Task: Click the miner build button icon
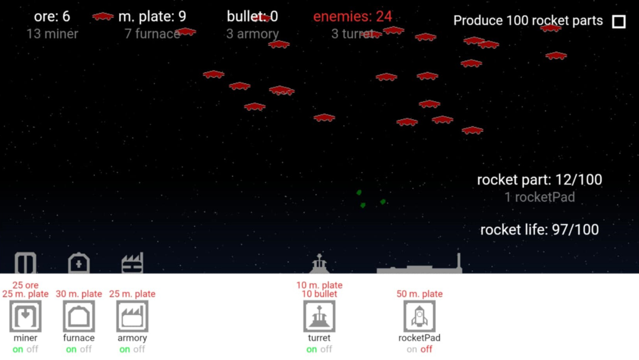pos(25,316)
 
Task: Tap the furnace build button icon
pos(79,316)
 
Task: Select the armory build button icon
pos(132,316)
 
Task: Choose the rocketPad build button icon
pos(419,316)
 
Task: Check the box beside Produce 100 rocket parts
pos(619,21)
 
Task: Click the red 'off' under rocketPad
pos(426,349)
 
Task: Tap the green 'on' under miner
pos(18,349)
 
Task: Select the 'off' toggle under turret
pos(326,349)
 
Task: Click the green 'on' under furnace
pos(71,349)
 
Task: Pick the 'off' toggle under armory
pos(139,349)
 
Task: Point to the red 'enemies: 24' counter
pos(352,16)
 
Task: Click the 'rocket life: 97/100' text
pos(539,230)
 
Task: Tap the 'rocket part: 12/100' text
pos(539,180)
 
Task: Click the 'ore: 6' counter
pos(52,16)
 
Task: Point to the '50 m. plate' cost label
pos(419,294)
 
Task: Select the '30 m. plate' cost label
pos(79,294)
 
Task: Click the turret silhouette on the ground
pos(319,264)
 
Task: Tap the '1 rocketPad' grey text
pos(539,197)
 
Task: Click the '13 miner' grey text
pos(52,34)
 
